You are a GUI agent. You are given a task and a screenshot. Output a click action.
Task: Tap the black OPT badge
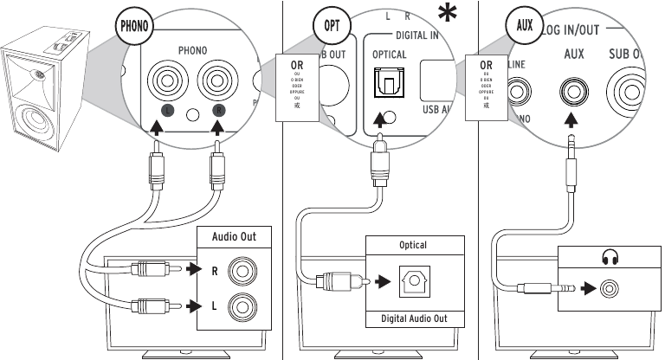pos(332,23)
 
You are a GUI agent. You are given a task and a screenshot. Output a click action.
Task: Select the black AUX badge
pos(524,23)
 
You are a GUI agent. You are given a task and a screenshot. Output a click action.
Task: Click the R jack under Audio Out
pos(240,271)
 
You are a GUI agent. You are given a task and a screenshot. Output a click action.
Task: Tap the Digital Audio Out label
pos(413,318)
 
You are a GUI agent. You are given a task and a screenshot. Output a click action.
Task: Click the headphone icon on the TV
pos(608,258)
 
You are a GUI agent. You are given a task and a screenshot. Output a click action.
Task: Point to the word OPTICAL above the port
pos(389,55)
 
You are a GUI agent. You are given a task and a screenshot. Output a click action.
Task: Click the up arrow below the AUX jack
pos(571,122)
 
